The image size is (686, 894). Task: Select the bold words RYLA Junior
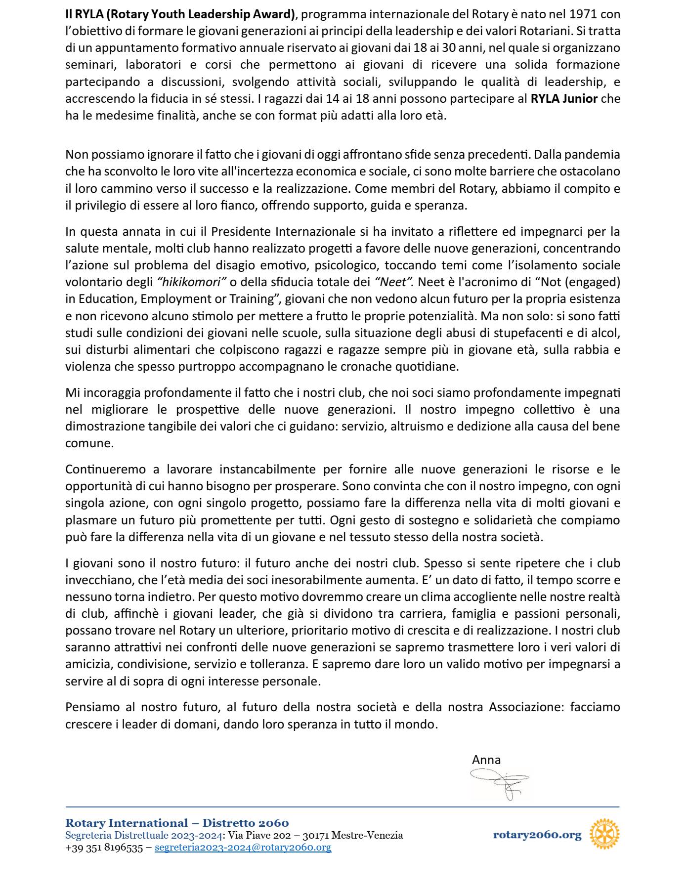coord(564,98)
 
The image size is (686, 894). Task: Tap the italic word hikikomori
coord(192,282)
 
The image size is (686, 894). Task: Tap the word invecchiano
coord(94,580)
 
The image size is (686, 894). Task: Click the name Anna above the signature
coord(486,760)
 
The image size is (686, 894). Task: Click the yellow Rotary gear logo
coord(604,834)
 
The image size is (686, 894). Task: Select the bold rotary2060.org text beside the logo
coord(537,835)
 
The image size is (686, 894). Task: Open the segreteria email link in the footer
coord(243,848)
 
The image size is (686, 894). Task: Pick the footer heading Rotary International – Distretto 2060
coord(177,823)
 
